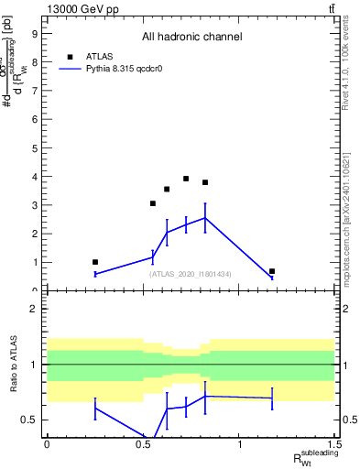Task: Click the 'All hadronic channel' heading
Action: point(191,37)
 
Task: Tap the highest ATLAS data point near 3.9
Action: point(186,179)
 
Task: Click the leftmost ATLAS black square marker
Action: point(95,262)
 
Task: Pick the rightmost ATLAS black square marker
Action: point(272,271)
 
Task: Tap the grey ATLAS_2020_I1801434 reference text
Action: point(191,274)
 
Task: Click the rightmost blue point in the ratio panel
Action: point(272,398)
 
